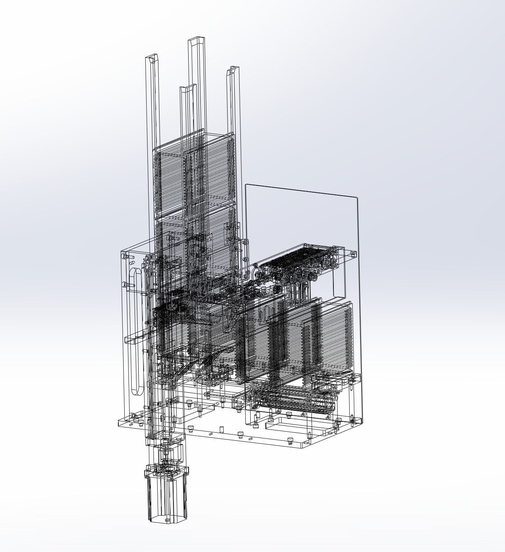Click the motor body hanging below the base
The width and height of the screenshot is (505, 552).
167,498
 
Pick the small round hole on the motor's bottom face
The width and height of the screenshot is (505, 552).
167,520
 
